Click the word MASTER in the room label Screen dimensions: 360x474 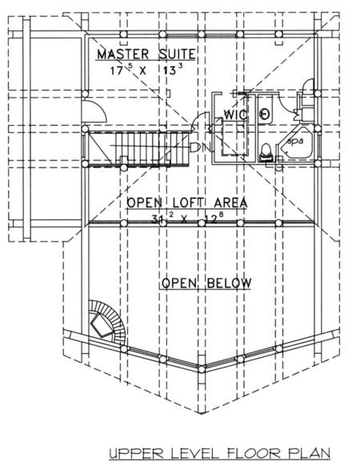[x=122, y=54]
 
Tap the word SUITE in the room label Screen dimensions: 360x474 [x=177, y=54]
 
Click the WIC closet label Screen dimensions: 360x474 [x=236, y=114]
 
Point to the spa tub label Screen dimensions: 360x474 [x=294, y=141]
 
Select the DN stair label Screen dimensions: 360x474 [x=201, y=147]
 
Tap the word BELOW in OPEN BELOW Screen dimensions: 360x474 [x=229, y=283]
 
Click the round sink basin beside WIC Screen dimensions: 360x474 [x=265, y=114]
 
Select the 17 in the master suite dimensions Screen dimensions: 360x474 [x=116, y=71]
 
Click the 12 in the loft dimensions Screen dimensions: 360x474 [x=211, y=219]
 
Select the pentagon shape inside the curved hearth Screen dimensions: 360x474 [x=102, y=325]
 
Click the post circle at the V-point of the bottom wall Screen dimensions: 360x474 [x=202, y=369]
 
